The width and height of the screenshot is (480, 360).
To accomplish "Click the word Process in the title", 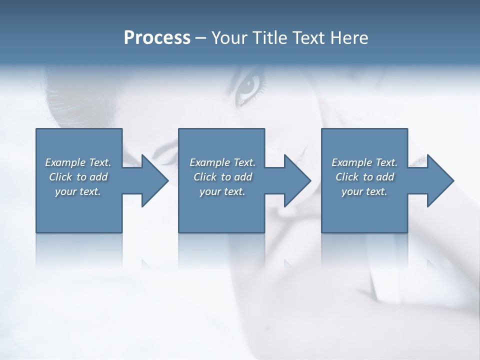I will [x=157, y=38].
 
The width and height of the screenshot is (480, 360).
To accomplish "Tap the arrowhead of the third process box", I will [x=439, y=181].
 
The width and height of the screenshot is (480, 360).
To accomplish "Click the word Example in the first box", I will [x=65, y=162].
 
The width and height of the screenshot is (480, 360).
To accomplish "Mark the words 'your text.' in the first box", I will [x=78, y=191].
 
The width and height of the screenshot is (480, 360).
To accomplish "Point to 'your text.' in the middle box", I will [x=222, y=191].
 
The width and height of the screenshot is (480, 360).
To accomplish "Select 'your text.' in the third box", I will [x=364, y=191].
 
